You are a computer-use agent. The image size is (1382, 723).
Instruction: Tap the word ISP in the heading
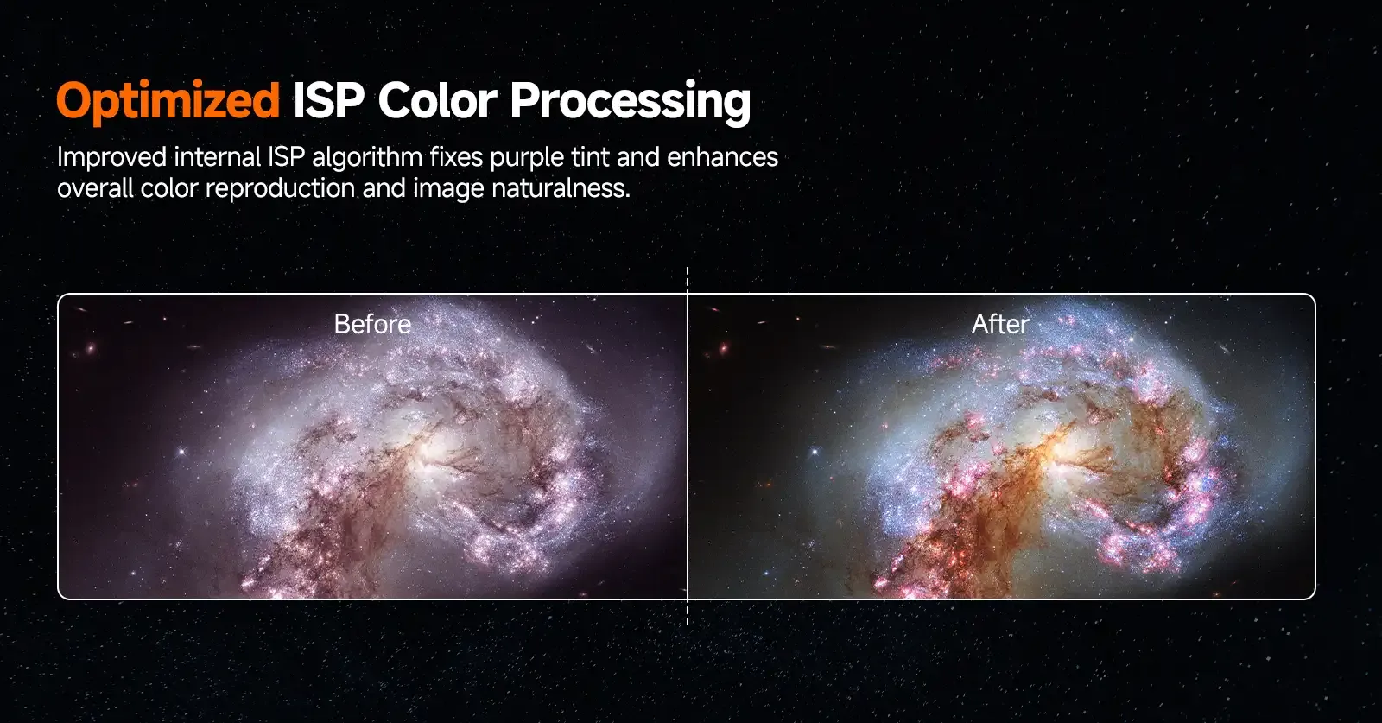328,100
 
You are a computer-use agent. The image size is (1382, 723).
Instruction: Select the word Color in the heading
437,100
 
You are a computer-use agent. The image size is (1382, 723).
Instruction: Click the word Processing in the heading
631,103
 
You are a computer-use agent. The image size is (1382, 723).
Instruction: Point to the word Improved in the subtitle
111,157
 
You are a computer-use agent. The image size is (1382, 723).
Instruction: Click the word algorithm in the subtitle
367,158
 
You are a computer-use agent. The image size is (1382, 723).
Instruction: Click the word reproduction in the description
280,189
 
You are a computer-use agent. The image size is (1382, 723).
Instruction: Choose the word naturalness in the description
561,188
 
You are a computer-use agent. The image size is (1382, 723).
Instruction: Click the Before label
372,324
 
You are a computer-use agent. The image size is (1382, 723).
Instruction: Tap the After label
1000,324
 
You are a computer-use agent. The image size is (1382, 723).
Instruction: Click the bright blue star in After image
815,452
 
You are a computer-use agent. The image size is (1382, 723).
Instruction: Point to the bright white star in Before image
181,452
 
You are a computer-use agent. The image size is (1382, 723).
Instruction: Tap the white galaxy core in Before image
435,453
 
